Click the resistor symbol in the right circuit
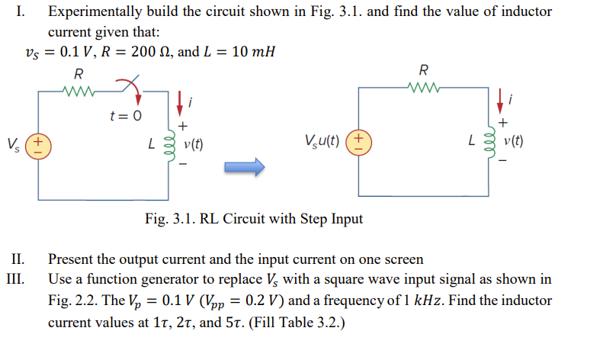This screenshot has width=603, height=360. [423, 85]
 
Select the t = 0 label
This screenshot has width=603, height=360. [125, 116]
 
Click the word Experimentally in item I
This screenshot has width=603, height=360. [91, 12]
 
